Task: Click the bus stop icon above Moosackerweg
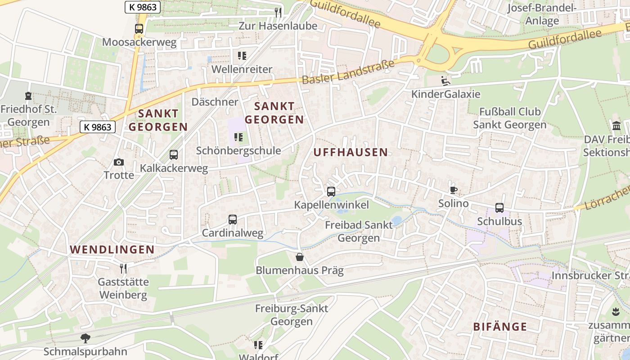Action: (x=139, y=28)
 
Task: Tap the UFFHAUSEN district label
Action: (x=350, y=152)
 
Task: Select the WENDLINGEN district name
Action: (x=112, y=249)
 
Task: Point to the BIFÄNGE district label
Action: (x=500, y=327)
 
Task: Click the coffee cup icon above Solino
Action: (x=453, y=190)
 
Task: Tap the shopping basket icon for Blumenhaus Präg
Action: (x=299, y=257)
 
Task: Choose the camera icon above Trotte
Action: (x=119, y=162)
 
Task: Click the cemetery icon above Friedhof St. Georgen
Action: (x=28, y=96)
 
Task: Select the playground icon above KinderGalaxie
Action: (x=445, y=81)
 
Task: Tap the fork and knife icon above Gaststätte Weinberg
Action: (x=123, y=269)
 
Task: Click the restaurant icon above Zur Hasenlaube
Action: (x=278, y=13)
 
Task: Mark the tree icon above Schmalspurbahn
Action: (x=85, y=338)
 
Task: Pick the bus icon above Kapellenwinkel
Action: (x=331, y=192)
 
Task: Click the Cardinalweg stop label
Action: (x=232, y=233)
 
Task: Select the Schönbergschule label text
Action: (x=238, y=151)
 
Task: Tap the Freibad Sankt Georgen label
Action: (x=359, y=231)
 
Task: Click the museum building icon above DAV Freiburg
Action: (x=616, y=126)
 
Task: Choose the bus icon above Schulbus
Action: (x=499, y=208)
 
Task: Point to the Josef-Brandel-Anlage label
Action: (x=542, y=14)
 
